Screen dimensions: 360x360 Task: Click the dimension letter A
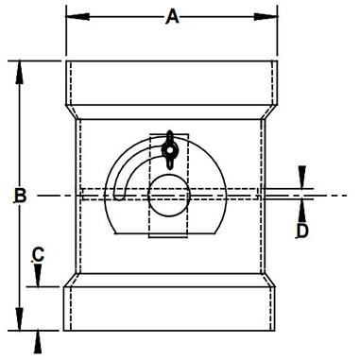172,17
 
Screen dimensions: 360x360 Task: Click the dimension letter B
21,196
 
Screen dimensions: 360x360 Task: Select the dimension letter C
38,255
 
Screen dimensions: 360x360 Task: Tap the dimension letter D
302,231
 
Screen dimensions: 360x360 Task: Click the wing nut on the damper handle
169,149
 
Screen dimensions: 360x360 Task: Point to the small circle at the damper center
169,196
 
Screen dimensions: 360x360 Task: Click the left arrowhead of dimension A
77,17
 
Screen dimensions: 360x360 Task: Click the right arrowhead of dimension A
266,17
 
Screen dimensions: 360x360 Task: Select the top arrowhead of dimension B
20,73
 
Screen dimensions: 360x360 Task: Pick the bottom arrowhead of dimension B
20,318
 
